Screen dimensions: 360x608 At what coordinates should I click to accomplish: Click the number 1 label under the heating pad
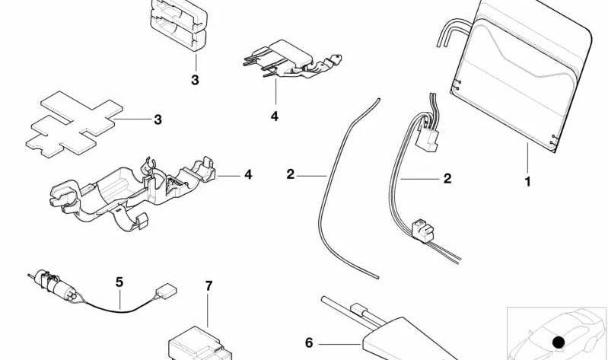click(x=527, y=182)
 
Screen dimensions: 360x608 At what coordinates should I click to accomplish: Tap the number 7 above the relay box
click(x=209, y=287)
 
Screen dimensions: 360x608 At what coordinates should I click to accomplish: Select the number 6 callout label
click(x=309, y=343)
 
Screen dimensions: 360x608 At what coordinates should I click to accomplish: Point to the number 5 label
click(x=119, y=282)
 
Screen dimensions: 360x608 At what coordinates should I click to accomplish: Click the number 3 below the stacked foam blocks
click(x=195, y=80)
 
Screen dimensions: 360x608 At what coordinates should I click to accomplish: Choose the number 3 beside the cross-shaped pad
click(x=158, y=119)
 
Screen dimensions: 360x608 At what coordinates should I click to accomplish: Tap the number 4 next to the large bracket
click(x=247, y=175)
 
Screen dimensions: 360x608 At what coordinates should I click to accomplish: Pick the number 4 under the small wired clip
click(x=274, y=116)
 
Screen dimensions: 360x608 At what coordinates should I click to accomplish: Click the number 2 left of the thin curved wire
click(x=290, y=175)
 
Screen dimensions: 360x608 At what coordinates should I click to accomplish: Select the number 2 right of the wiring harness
click(x=447, y=179)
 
